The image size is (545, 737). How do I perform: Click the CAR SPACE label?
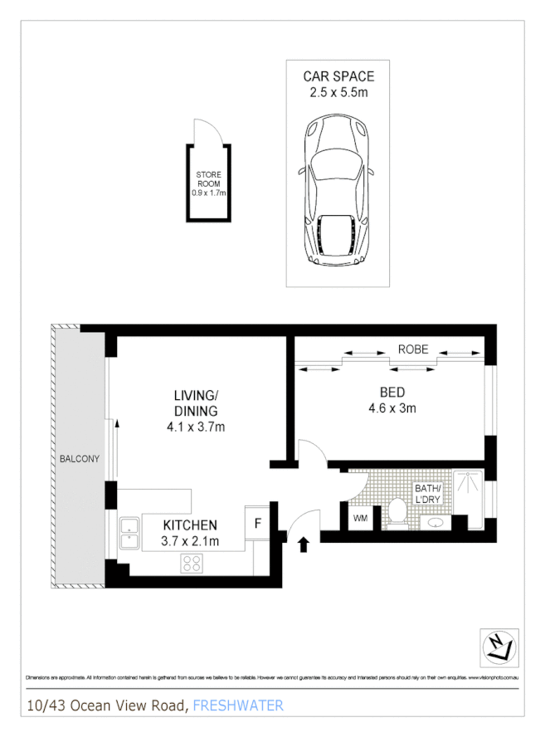click(338, 76)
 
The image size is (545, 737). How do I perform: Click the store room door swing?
click(203, 132)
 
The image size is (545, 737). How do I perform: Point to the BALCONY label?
click(80, 458)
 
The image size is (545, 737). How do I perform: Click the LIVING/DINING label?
click(196, 403)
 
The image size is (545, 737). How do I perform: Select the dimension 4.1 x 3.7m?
click(196, 427)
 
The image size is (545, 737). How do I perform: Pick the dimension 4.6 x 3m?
click(392, 408)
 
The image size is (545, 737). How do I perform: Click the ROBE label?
click(412, 349)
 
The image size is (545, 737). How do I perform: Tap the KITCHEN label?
click(190, 525)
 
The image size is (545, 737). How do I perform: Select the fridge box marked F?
click(257, 525)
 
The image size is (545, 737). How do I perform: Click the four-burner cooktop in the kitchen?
click(192, 563)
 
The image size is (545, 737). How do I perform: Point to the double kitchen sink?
click(129, 533)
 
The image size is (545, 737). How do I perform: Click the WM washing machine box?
click(360, 519)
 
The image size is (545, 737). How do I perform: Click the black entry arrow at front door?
click(303, 544)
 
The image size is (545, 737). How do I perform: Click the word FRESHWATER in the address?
click(238, 705)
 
